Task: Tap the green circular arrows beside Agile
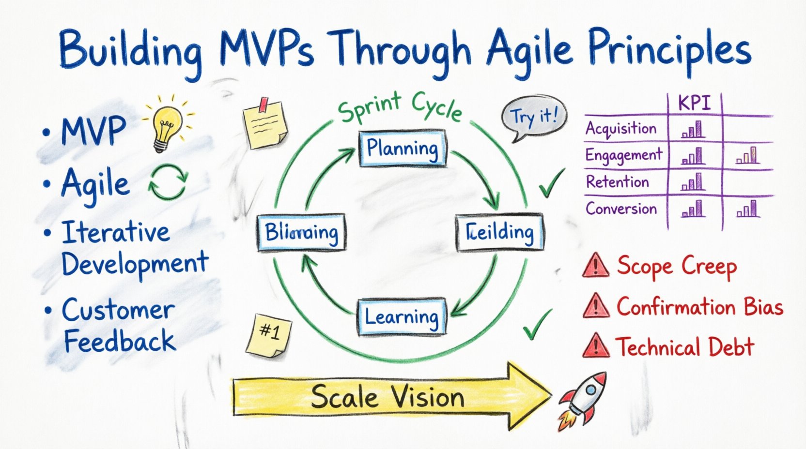(168, 182)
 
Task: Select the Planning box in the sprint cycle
(403, 149)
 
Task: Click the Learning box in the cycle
(402, 317)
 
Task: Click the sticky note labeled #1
(269, 334)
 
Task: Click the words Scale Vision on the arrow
(387, 398)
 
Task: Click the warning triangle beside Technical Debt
(595, 345)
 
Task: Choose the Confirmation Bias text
(699, 307)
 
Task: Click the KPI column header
(694, 104)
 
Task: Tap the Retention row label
(617, 182)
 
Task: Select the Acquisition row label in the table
(621, 129)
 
